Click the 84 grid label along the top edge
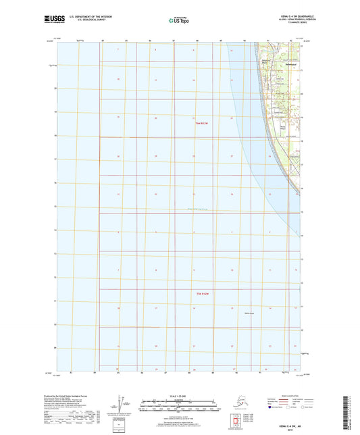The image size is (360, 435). tap(102, 41)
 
